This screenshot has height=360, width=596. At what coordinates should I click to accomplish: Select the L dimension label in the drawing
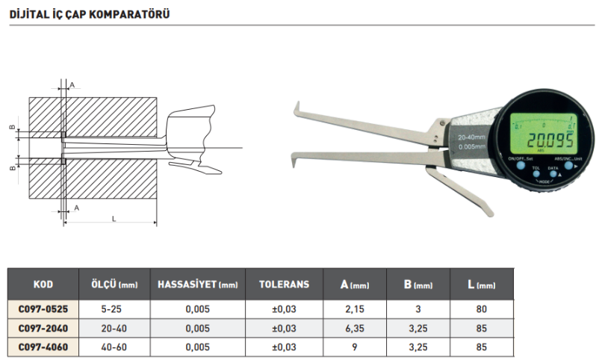coord(113,218)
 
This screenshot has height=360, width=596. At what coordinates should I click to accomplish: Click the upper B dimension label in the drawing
coord(11,128)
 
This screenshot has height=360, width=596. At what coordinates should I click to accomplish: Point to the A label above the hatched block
coord(72,85)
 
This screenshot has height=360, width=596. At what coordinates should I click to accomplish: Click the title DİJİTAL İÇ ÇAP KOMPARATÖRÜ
coord(84,13)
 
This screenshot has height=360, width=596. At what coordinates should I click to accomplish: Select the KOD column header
coord(43,285)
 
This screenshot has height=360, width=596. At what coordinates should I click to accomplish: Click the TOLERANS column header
coord(283,285)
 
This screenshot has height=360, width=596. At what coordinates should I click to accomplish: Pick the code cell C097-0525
coord(43,308)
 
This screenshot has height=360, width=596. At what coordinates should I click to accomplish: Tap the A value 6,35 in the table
coord(354,328)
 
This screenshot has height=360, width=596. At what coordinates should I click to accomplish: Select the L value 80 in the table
coord(482,308)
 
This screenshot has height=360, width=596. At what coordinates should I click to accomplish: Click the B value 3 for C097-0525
coord(418,308)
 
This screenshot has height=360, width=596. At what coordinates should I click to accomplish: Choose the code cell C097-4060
coord(43,347)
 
